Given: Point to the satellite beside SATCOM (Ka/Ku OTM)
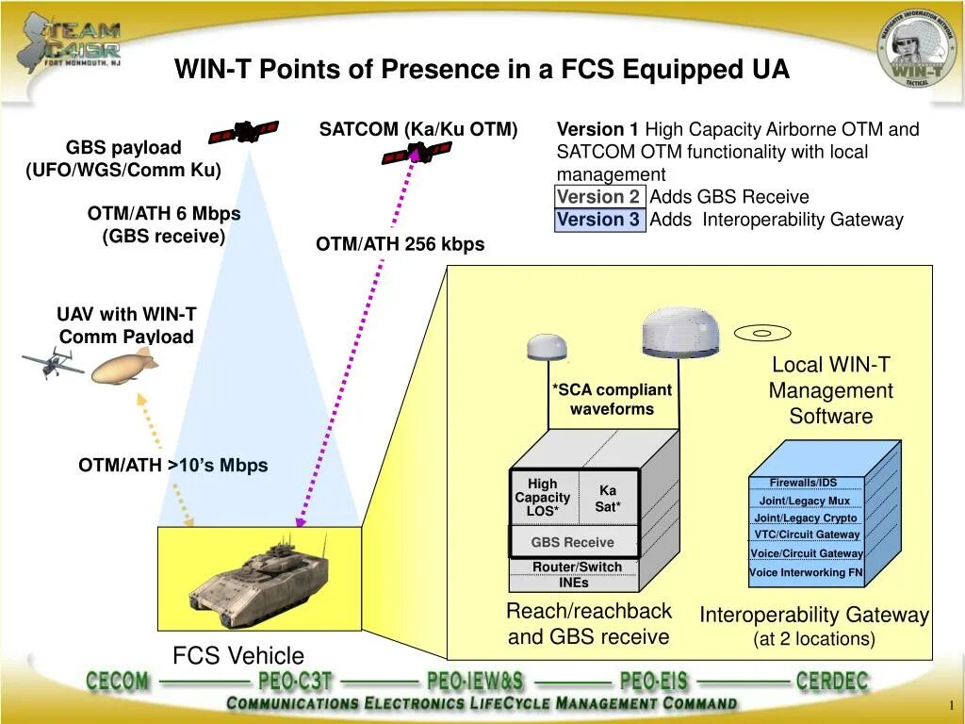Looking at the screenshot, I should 416,152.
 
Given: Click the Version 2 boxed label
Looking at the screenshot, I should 598,197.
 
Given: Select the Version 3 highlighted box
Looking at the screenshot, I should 598,221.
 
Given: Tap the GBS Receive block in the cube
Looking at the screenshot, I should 572,542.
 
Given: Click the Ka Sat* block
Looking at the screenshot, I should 608,499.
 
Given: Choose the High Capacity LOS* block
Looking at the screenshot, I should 543,498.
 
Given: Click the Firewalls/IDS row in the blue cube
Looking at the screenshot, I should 803,483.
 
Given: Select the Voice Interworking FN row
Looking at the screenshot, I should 806,572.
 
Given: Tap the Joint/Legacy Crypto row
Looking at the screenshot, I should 806,518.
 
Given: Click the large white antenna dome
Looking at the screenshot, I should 679,335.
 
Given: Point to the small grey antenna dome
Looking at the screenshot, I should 548,347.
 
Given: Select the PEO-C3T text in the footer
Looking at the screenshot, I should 295,682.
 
